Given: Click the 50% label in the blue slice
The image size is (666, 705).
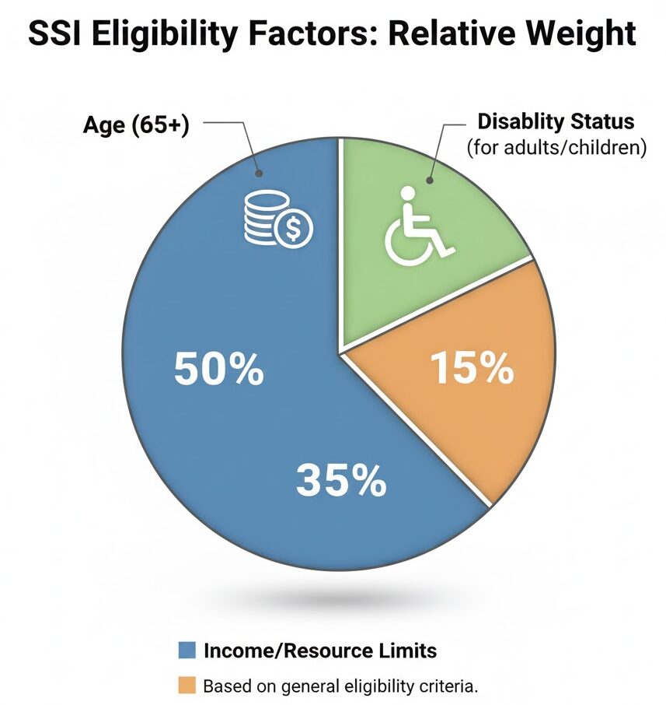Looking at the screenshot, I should coord(218,370).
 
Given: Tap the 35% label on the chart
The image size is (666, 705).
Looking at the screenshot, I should coord(342,481).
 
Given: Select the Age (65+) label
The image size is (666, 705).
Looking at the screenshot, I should coord(136,125).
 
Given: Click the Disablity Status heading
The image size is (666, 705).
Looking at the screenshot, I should coord(556,121).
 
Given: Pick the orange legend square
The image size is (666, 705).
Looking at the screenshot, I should coord(186,686).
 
